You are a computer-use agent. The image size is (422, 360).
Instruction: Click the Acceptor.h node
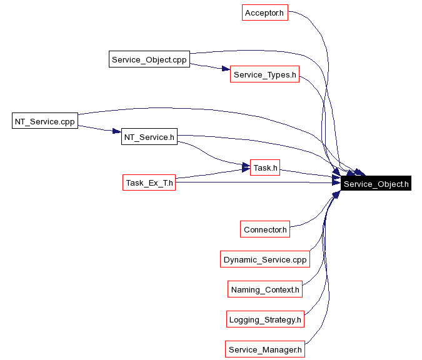click(264, 12)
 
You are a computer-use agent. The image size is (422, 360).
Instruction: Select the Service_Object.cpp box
click(149, 60)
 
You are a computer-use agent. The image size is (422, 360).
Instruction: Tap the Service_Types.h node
click(264, 75)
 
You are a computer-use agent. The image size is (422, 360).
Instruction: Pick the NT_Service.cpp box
click(44, 122)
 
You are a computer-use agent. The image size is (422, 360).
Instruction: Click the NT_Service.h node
click(149, 137)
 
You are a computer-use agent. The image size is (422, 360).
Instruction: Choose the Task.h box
click(264, 167)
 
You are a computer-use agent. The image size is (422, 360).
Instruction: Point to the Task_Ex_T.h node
click(149, 182)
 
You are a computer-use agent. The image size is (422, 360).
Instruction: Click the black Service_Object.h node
click(376, 184)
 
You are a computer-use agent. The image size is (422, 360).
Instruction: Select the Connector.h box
click(264, 229)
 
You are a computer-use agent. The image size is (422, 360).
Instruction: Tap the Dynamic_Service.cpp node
click(265, 259)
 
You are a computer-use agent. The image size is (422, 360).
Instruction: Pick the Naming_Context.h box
click(265, 289)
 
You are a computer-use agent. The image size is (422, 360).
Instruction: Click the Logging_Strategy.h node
click(265, 319)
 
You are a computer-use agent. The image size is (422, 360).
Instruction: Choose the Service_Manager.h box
click(265, 349)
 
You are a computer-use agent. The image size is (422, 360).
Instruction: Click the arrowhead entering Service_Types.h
click(226, 70)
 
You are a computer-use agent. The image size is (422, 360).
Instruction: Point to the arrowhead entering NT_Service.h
click(116, 132)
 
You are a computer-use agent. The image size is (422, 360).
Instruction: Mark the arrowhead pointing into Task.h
click(246, 167)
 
